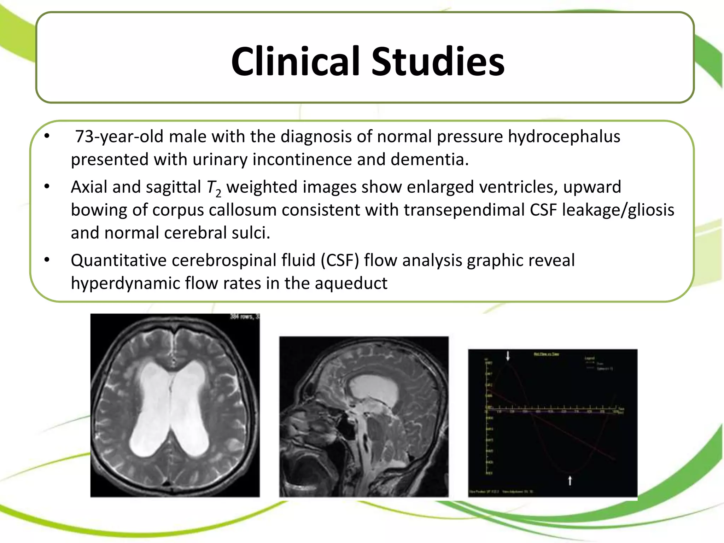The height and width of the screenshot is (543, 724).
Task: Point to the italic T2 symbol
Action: pos(213,188)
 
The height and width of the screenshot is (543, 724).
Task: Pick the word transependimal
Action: pos(464,210)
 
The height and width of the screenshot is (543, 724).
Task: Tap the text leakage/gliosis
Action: pos(618,210)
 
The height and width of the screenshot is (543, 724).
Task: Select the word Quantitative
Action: pos(118,261)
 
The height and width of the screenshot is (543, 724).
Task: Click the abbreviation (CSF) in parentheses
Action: pos(340,261)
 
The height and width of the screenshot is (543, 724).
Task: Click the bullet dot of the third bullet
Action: pos(47,260)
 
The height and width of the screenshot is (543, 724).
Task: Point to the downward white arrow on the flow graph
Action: pos(508,356)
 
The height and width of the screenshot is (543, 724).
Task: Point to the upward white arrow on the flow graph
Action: pos(570,480)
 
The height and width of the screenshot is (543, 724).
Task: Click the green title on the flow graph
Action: pos(546,354)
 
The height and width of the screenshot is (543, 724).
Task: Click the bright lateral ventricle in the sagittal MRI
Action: pos(375,389)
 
